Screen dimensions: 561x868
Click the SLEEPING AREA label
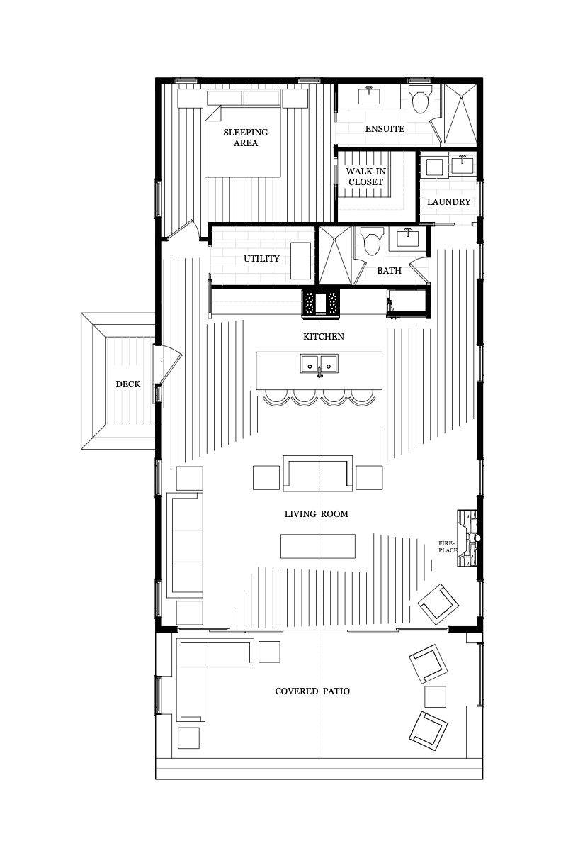[246, 138]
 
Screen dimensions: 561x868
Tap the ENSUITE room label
[385, 128]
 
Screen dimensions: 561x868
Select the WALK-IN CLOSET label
[366, 177]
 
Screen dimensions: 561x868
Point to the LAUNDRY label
[448, 202]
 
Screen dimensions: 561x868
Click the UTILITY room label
[261, 258]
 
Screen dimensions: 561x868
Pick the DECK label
[127, 384]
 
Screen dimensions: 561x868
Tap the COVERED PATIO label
[312, 691]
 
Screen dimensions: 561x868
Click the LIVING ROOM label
[317, 514]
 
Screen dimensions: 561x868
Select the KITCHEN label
[324, 336]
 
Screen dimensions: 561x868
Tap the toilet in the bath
[372, 241]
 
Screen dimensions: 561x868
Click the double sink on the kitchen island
[319, 364]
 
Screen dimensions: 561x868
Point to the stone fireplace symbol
[467, 538]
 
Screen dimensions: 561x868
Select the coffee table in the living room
[318, 546]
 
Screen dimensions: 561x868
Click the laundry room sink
[462, 165]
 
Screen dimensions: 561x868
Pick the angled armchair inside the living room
[438, 604]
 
